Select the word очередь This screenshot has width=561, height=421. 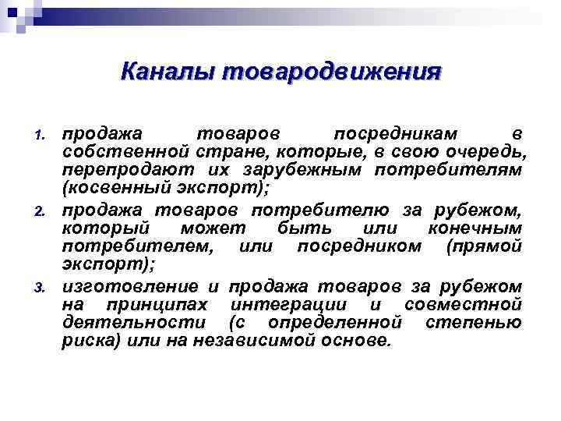click(496, 150)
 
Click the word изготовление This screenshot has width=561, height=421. click(131, 285)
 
